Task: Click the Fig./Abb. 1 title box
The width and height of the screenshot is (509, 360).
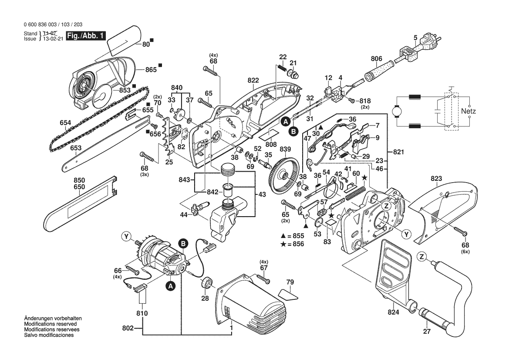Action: coord(85,36)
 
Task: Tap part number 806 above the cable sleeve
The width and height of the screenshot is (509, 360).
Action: coord(376,59)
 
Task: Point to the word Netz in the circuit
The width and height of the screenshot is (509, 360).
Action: coord(469,111)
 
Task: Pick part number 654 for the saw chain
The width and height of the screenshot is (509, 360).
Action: coord(65,123)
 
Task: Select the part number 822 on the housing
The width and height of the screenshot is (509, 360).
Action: coord(253,81)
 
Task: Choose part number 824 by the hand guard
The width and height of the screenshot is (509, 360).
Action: coord(394,312)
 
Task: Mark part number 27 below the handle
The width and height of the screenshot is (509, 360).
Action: coord(426,332)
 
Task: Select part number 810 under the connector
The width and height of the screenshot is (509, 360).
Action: coord(142,313)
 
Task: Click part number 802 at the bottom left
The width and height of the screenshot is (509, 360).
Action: coord(128,327)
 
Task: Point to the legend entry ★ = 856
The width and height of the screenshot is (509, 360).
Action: coord(293,244)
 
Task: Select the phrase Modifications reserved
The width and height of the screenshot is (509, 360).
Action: coord(51,324)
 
